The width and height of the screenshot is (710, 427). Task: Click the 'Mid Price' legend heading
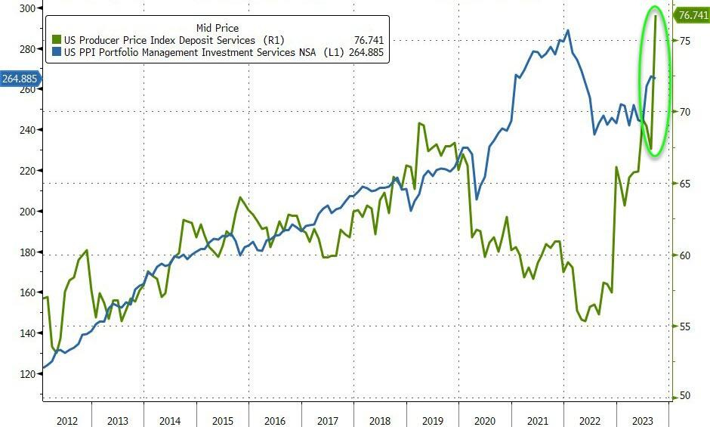pos(218,28)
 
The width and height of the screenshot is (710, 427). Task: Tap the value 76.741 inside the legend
pos(365,40)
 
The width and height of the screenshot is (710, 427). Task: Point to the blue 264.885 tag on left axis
pos(20,78)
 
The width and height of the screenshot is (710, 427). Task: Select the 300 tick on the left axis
pos(28,8)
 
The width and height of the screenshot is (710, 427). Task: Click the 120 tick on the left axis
pos(28,374)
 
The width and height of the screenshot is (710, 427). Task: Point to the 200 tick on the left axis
pos(28,212)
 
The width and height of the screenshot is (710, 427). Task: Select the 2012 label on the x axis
pos(66,420)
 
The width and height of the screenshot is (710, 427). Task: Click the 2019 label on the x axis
pos(432,420)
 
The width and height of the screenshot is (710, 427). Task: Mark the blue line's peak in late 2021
pos(568,31)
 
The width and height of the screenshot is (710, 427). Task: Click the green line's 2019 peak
pos(420,123)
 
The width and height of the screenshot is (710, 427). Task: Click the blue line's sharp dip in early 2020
pos(476,200)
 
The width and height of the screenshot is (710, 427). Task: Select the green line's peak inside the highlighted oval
pos(655,15)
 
